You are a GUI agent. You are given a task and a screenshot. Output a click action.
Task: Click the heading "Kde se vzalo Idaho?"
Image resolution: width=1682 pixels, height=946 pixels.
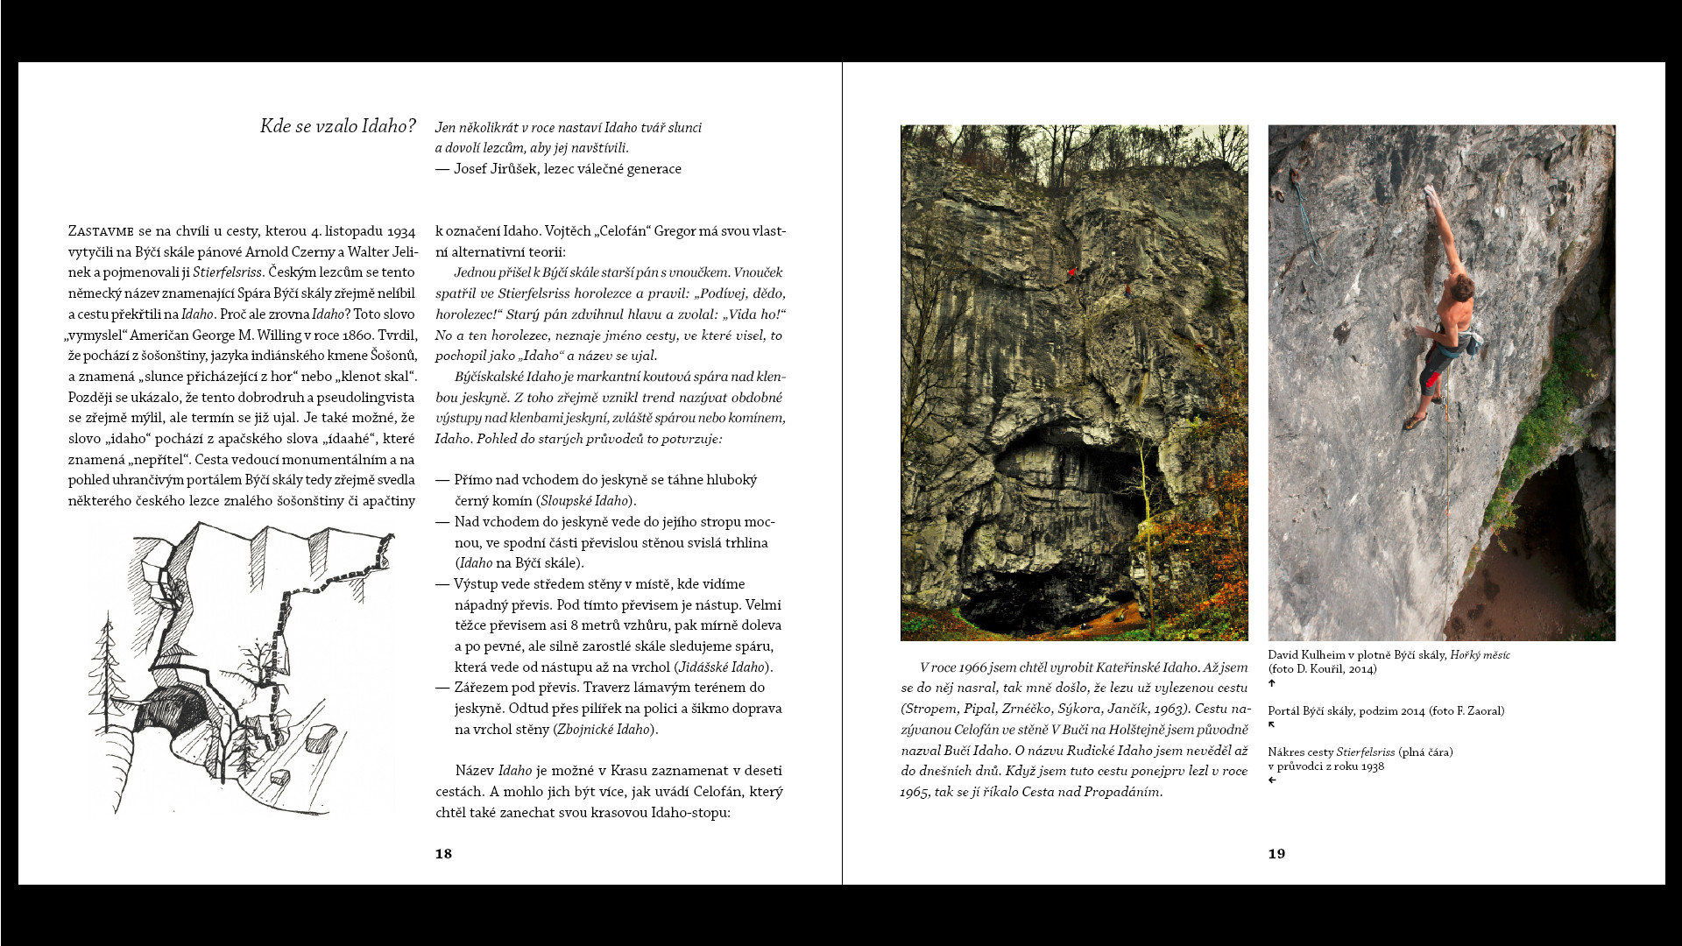click(337, 126)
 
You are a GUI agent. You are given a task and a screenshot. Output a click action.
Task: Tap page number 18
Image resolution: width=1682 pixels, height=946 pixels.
click(443, 854)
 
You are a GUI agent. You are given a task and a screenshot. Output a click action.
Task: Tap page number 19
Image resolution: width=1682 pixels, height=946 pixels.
click(1276, 854)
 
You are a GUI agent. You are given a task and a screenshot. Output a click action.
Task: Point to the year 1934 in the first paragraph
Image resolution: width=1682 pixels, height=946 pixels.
click(400, 231)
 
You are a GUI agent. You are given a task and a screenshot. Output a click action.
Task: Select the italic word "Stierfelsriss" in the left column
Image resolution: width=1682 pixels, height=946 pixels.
click(227, 272)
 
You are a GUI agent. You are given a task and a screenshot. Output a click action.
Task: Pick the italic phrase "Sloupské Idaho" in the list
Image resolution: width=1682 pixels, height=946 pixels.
click(584, 501)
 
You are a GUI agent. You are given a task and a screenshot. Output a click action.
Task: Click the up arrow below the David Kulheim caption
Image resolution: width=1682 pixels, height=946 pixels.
click(1272, 683)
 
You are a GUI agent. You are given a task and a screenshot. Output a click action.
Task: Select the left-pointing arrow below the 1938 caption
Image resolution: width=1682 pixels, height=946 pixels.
click(1272, 780)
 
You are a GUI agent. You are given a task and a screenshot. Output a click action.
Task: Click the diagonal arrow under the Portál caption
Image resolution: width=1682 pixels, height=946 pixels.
click(1272, 725)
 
